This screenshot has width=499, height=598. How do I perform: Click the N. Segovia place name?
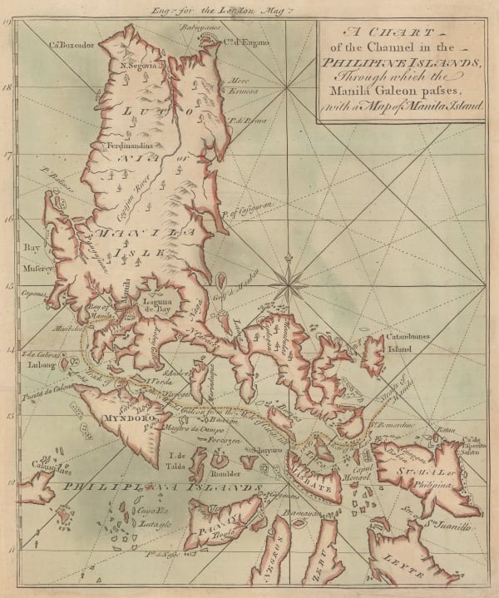[140, 66]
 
